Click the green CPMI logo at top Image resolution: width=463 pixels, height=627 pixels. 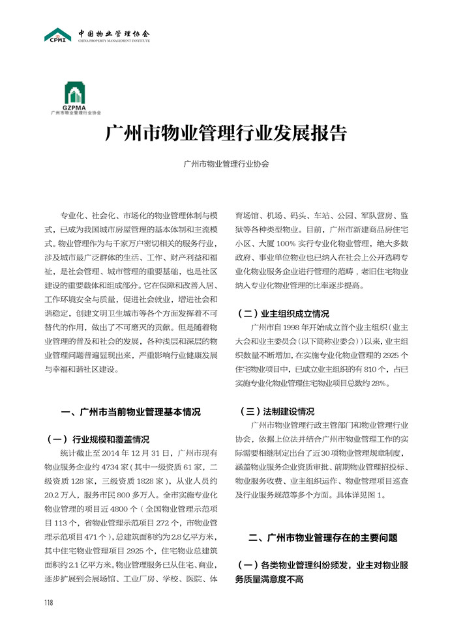pos(58,35)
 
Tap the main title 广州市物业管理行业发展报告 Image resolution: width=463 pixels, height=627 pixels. pos(226,134)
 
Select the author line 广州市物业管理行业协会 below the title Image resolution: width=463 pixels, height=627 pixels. pos(226,165)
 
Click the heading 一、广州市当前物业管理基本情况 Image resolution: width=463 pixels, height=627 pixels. pos(130,411)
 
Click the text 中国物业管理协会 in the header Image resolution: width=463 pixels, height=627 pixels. pos(113,33)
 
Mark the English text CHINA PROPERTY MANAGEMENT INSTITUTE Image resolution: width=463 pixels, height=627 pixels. pos(113,40)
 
